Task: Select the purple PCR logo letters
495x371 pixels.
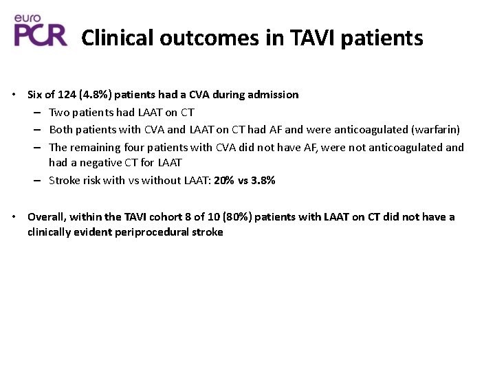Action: (x=41, y=34)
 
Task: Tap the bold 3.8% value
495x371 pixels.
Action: (x=263, y=181)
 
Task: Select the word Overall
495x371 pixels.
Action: (x=45, y=217)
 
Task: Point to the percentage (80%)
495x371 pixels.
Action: (x=237, y=217)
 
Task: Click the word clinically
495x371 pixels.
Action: (x=49, y=232)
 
